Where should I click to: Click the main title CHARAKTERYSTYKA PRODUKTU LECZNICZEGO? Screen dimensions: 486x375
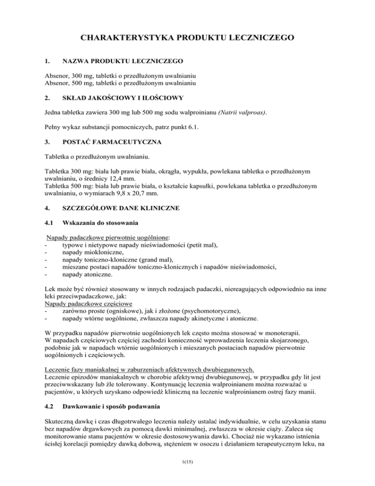click(x=187, y=37)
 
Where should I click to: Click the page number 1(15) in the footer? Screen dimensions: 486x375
click(x=187, y=473)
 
